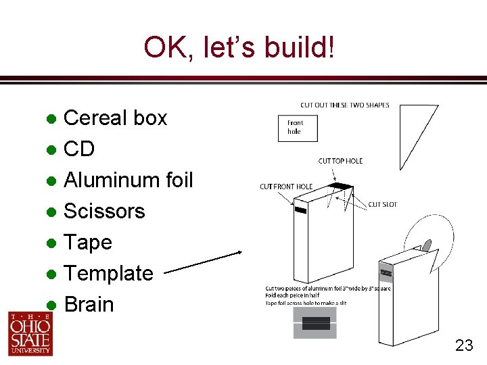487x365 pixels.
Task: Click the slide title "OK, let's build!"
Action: click(239, 47)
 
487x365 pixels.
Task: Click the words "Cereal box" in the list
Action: click(115, 118)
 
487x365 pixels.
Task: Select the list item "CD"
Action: click(79, 149)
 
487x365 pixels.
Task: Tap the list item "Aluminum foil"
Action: click(128, 180)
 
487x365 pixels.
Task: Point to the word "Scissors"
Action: click(104, 212)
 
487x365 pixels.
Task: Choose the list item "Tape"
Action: click(88, 243)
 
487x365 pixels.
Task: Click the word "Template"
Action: click(108, 274)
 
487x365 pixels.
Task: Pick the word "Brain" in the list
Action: click(89, 305)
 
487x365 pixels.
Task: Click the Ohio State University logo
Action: click(30, 333)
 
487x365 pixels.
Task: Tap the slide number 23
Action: click(464, 346)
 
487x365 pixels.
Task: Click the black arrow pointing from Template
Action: click(203, 264)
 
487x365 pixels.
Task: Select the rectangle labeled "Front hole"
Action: click(298, 128)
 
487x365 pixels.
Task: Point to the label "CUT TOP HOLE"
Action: click(340, 161)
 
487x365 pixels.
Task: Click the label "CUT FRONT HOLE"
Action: click(286, 187)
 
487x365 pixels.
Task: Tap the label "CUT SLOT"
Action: click(382, 204)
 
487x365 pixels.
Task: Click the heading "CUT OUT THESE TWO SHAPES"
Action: click(345, 105)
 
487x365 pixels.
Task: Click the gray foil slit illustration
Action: click(315, 323)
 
